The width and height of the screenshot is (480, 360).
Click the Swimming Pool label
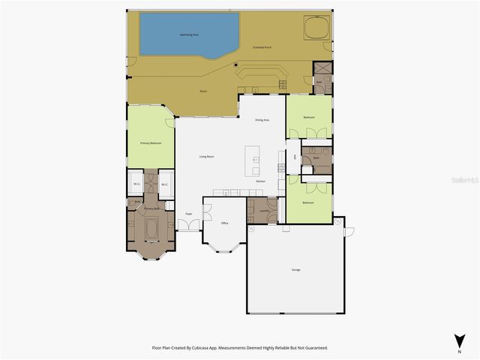(189, 34)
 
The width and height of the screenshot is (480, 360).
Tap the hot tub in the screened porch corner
(316, 28)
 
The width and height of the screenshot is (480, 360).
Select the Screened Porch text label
(262, 46)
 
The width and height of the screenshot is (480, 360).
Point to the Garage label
(296, 269)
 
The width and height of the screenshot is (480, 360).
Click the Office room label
(224, 223)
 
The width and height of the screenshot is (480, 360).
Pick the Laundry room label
(264, 211)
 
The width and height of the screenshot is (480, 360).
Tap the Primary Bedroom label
(151, 142)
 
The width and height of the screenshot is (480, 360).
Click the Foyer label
(189, 214)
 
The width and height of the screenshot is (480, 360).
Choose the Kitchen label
(260, 181)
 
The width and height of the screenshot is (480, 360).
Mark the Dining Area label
(262, 119)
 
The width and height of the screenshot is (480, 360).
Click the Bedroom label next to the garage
(308, 202)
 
